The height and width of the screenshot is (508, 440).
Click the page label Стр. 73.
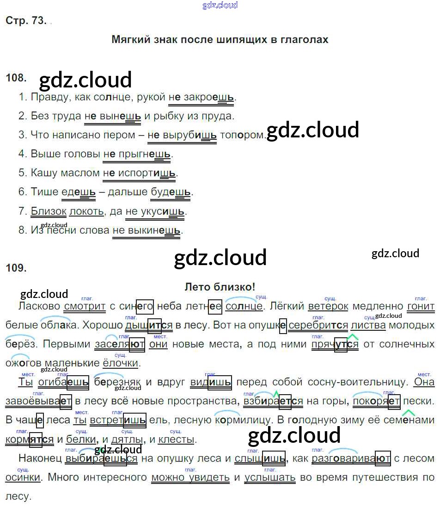26,20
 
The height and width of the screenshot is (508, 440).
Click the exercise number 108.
16,78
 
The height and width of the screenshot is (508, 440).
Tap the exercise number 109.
16,267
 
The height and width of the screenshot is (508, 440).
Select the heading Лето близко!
220,287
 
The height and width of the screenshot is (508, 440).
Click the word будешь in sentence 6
171,192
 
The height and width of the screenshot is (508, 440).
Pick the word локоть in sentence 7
86,211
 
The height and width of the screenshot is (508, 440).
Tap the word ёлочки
120,363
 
